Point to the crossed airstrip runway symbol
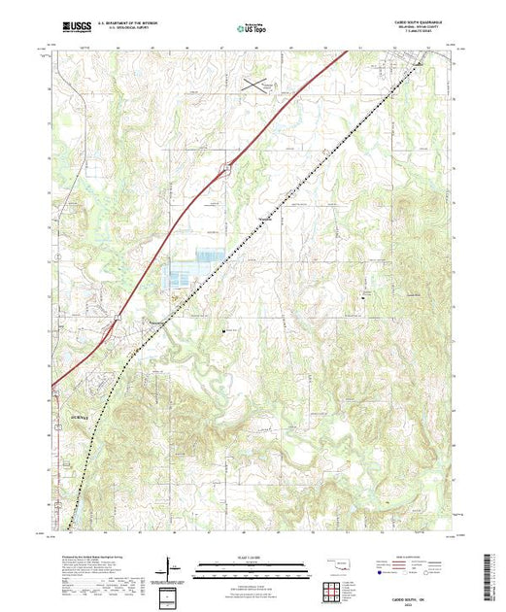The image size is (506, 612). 256,85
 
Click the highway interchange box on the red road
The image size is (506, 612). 225,169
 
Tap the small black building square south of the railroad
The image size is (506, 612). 224,329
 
